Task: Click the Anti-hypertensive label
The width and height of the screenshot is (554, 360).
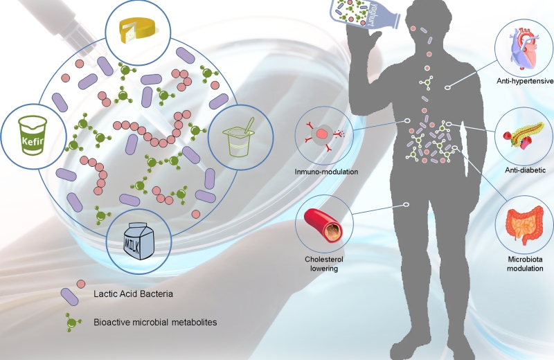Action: click(524, 81)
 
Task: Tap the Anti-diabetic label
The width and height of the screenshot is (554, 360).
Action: click(524, 170)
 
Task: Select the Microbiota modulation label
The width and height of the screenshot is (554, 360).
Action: click(525, 263)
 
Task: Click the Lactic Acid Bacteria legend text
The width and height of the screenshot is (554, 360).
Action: click(133, 294)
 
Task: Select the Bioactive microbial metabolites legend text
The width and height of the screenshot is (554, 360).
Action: click(159, 322)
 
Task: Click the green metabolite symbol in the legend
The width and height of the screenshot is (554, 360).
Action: click(71, 321)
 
